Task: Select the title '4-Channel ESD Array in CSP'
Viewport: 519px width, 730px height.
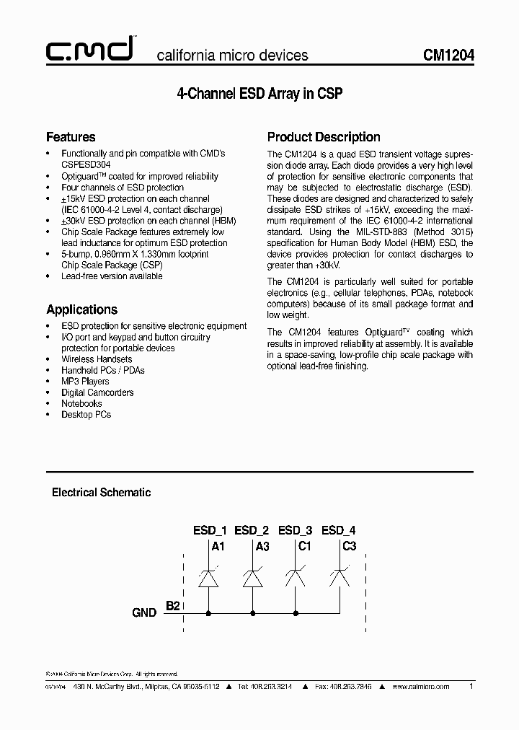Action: pos(259,94)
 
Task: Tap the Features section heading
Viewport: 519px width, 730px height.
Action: pos(71,137)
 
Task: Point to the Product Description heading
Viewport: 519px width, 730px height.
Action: pos(324,137)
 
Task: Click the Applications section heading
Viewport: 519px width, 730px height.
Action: pos(81,309)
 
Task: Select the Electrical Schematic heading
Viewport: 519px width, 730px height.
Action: pos(101,493)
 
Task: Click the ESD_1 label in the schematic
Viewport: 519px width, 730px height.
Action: pos(210,530)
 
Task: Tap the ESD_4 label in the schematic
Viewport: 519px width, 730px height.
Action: pos(339,530)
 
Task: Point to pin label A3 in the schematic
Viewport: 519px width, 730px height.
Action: pos(262,546)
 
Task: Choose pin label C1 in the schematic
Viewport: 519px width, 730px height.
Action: pos(305,546)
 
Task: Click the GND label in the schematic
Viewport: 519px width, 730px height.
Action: pos(144,612)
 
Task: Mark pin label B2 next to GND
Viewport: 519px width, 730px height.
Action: pos(173,606)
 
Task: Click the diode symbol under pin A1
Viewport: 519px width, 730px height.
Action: pos(208,578)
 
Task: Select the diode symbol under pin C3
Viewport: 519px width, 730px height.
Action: pos(340,578)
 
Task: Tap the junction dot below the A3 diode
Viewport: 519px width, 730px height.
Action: pos(252,613)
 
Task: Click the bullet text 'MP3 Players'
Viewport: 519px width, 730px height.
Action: pos(85,382)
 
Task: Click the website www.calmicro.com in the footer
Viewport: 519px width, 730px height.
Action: pos(421,687)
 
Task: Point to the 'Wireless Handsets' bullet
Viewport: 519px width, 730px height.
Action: pos(97,359)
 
